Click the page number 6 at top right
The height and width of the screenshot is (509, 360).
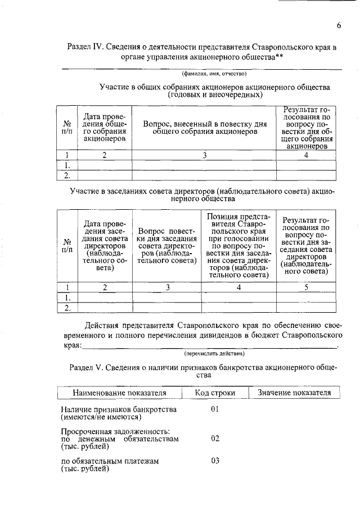point(339,25)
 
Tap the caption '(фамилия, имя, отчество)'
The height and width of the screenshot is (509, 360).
point(213,74)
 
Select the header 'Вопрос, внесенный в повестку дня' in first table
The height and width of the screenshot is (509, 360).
point(204,127)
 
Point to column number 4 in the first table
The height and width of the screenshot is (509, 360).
point(305,156)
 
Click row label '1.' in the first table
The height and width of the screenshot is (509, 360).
point(67,165)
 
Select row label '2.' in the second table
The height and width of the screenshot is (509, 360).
point(67,307)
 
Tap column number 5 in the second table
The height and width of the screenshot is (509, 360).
point(305,287)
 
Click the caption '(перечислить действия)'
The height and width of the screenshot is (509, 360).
point(214,354)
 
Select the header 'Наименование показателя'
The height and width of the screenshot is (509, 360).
point(119,393)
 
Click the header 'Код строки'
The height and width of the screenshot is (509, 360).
point(215,393)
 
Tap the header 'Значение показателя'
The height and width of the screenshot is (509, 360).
point(294,393)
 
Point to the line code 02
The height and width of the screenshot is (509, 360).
point(214,439)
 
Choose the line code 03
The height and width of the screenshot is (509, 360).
point(214,461)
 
